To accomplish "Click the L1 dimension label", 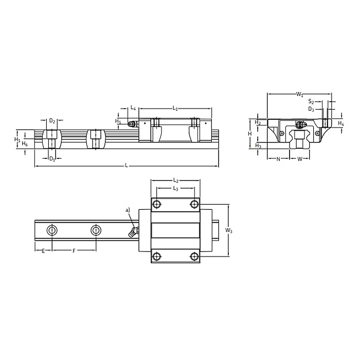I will point(175,108).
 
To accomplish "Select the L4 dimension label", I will point(133,108).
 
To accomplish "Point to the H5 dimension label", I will point(118,121).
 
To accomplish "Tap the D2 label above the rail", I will point(52,121).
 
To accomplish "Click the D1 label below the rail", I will point(52,158).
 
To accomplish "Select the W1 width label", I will point(299,94).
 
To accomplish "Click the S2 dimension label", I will point(312,102).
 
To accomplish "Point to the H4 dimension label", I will point(341,123).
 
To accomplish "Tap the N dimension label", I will point(278,159).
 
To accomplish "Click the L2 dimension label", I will point(175,181).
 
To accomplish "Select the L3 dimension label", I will point(175,189).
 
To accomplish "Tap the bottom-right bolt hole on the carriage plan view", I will point(193,256).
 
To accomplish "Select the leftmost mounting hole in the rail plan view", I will point(51,229).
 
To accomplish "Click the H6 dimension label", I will point(25,145).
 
